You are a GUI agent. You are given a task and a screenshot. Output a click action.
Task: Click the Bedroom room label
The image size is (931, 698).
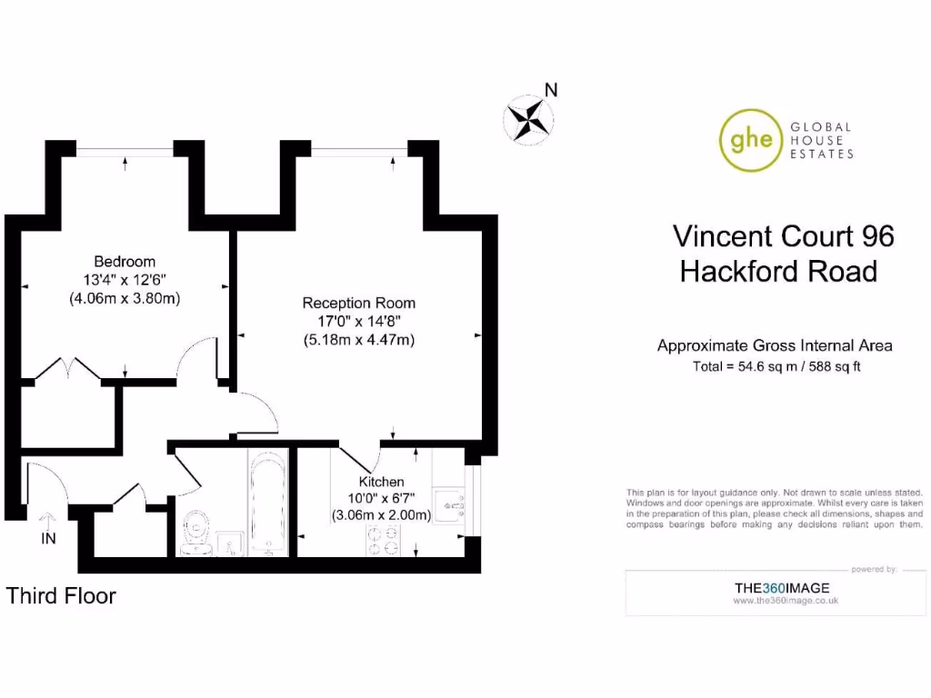pyautogui.click(x=125, y=262)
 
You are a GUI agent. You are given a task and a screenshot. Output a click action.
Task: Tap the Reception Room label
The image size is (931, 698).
pyautogui.click(x=358, y=304)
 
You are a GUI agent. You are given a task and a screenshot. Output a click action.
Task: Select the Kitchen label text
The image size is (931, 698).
pyautogui.click(x=382, y=482)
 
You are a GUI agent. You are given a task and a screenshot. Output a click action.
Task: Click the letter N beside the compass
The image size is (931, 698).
pyautogui.click(x=550, y=90)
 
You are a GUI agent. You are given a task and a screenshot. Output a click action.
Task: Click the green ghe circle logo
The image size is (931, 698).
pyautogui.click(x=751, y=140)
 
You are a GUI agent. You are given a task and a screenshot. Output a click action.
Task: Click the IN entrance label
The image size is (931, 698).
pyautogui.click(x=48, y=539)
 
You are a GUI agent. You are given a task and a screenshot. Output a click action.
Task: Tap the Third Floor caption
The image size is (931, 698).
pyautogui.click(x=62, y=596)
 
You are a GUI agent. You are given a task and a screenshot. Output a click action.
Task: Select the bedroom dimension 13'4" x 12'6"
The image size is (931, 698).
pyautogui.click(x=125, y=280)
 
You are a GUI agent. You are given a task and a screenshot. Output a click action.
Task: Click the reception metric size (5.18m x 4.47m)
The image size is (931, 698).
pyautogui.click(x=358, y=340)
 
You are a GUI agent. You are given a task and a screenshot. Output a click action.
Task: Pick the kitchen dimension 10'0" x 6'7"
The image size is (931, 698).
pyautogui.click(x=381, y=498)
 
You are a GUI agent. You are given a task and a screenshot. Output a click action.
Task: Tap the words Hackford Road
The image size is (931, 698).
pyautogui.click(x=779, y=271)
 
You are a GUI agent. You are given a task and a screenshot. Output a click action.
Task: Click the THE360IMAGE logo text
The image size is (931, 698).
pyautogui.click(x=786, y=588)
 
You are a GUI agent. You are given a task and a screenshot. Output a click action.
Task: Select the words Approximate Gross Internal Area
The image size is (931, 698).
pyautogui.click(x=775, y=345)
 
